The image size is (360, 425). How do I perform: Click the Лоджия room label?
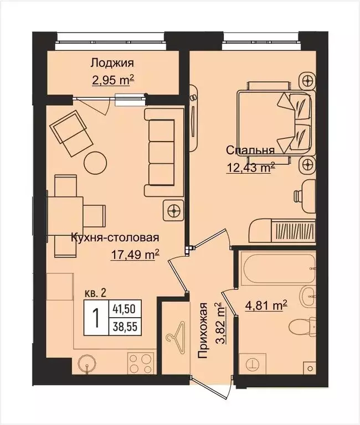pos(112,63)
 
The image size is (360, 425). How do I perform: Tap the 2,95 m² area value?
pos(114,81)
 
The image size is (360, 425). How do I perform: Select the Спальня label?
pos(250,150)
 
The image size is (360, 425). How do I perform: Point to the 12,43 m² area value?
pos(250,168)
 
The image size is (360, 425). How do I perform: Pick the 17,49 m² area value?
pos(135,255)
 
